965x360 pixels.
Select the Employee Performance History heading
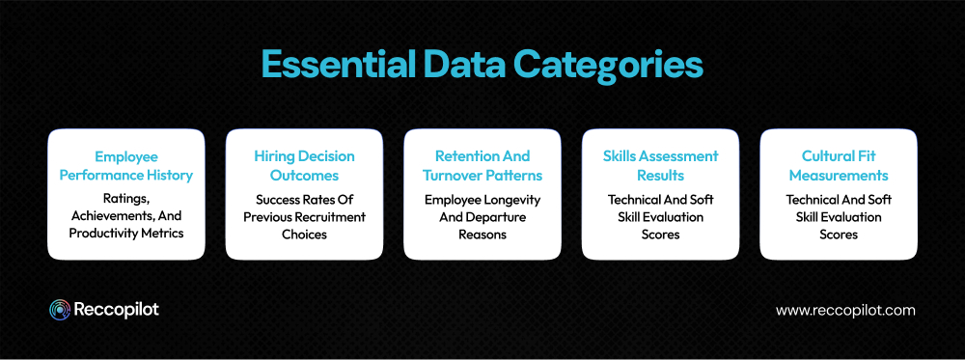[125, 165]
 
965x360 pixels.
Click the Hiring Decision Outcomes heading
[304, 165]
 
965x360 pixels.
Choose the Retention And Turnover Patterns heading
[482, 165]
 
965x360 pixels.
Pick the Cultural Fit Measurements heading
[838, 165]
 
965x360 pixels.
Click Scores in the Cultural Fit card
[838, 235]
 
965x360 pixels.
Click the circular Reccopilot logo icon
[60, 310]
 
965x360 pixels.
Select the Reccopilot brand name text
[117, 310]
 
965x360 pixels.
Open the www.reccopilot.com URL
[845, 310]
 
